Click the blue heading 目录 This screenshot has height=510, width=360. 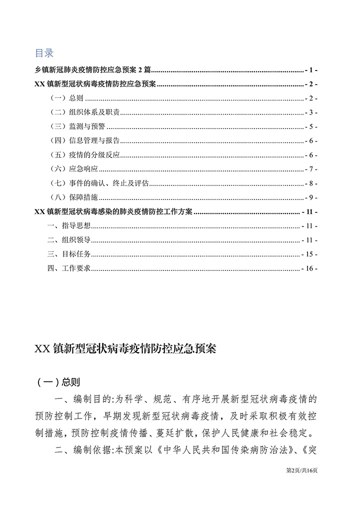(x=44, y=53)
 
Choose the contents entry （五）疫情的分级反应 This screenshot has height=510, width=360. (x=84, y=155)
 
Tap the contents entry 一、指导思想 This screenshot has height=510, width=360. (x=69, y=225)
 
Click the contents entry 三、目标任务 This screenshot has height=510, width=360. (x=69, y=254)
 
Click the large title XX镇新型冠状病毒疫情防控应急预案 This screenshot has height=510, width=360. (x=125, y=349)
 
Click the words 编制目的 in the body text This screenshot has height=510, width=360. (x=93, y=400)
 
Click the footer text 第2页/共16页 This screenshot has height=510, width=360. (x=301, y=470)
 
